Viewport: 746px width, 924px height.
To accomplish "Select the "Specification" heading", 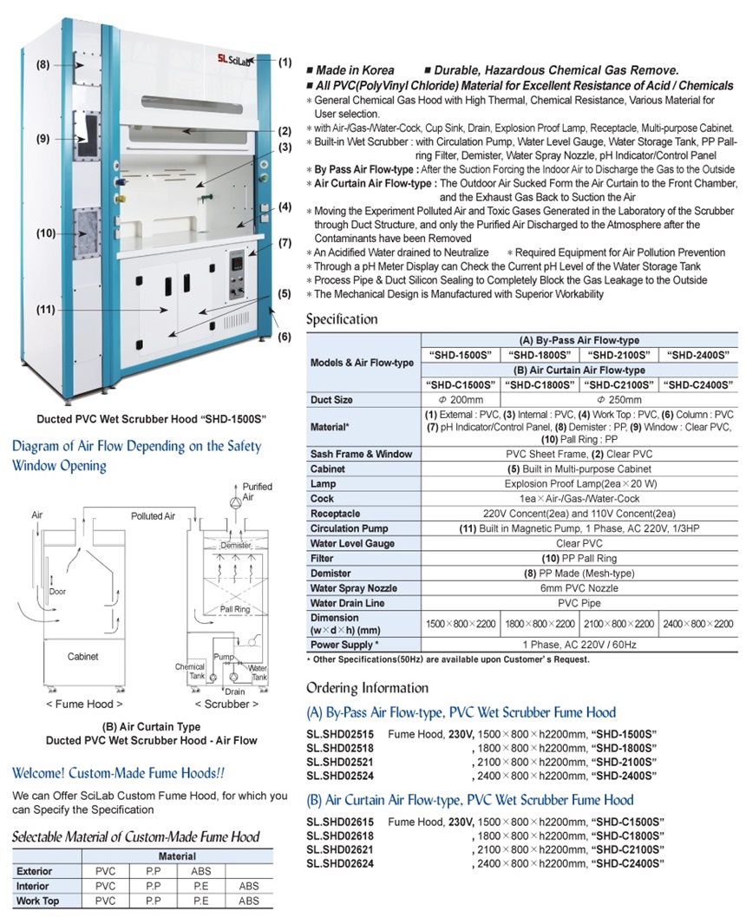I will click(x=342, y=319).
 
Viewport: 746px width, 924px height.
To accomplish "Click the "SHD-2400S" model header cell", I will click(x=697, y=355).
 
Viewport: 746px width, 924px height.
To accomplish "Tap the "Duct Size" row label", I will click(x=332, y=400).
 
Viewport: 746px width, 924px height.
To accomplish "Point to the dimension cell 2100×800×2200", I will click(x=618, y=624).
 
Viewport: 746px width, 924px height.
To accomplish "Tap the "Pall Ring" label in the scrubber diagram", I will click(x=235, y=608).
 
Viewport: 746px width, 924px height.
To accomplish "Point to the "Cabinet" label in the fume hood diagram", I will click(x=82, y=657).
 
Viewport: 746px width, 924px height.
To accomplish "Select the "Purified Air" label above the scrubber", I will click(x=257, y=492).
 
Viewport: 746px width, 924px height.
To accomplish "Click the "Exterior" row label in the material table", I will click(x=35, y=871).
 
